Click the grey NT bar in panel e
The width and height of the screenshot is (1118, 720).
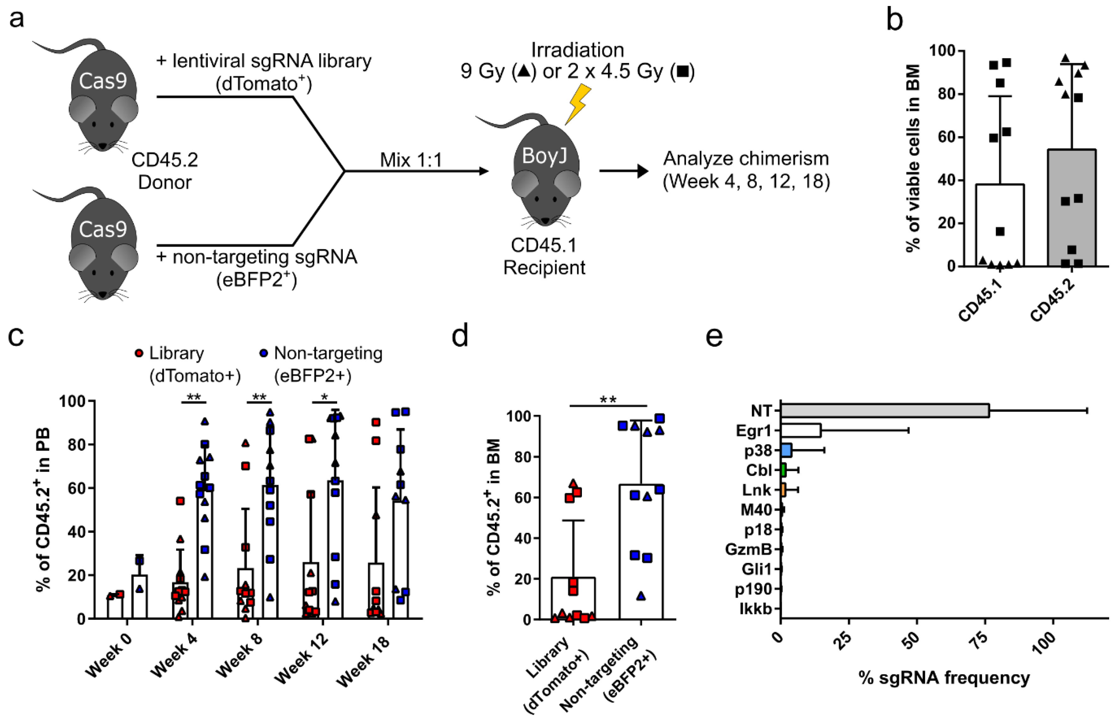pyautogui.click(x=884, y=411)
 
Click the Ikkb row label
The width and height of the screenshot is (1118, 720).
pyautogui.click(x=755, y=609)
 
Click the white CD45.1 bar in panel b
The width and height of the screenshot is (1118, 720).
pyautogui.click(x=1000, y=224)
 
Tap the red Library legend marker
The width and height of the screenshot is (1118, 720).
pyautogui.click(x=139, y=353)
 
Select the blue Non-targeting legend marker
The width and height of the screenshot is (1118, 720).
pyautogui.click(x=263, y=353)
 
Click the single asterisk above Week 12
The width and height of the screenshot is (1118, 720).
pyautogui.click(x=324, y=397)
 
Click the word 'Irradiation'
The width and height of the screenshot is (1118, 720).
pyautogui.click(x=577, y=50)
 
